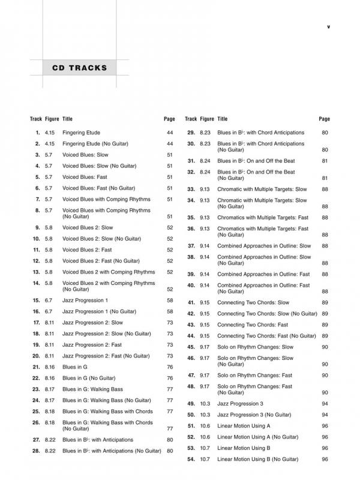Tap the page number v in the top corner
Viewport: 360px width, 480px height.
click(328, 26)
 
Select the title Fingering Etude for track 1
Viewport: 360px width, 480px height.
click(81, 133)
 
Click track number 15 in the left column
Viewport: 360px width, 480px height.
click(36, 300)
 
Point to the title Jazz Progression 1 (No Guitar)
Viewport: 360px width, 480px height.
click(99, 311)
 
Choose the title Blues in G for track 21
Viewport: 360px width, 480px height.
click(75, 367)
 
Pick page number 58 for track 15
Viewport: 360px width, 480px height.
click(169, 300)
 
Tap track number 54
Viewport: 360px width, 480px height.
click(191, 460)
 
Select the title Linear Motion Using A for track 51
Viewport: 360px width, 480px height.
click(244, 426)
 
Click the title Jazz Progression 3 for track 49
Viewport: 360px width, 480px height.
click(240, 404)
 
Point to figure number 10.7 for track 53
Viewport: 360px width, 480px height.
click(205, 448)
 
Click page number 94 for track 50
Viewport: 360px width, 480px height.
click(325, 415)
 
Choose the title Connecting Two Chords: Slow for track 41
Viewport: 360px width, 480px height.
click(253, 302)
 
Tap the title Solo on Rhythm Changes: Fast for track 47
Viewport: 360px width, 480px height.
click(255, 375)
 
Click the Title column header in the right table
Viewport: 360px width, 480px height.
click(222, 119)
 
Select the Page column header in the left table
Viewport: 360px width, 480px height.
click(169, 119)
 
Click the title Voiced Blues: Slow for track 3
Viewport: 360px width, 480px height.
click(85, 155)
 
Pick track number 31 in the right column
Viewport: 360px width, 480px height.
click(191, 161)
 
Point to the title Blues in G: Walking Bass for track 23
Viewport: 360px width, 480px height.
click(92, 389)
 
